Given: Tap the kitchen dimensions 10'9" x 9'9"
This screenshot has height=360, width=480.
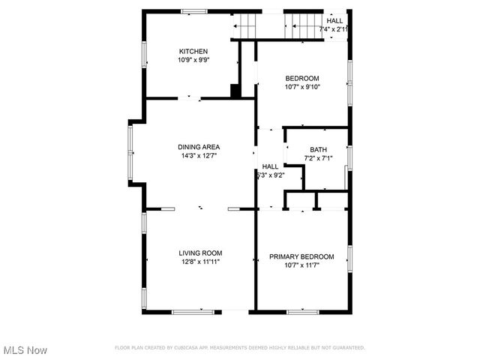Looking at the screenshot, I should tap(193, 60).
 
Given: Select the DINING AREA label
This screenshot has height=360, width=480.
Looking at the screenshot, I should tap(199, 147).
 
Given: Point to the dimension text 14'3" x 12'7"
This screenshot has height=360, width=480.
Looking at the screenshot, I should tap(199, 156).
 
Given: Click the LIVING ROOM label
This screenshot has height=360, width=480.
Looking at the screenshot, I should tap(200, 253).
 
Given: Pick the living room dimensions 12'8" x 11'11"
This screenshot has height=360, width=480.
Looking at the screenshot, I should tap(200, 262).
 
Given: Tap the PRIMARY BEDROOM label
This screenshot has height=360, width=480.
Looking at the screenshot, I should tap(301, 256).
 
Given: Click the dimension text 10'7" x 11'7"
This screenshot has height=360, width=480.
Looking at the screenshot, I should tap(301, 265).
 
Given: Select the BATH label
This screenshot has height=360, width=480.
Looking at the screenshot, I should tap(319, 149).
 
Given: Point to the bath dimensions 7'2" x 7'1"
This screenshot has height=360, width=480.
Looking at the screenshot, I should tap(319, 157).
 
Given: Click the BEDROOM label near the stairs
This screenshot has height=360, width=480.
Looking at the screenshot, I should tap(302, 79).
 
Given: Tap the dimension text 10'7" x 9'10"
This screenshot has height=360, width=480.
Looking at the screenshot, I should tap(302, 87).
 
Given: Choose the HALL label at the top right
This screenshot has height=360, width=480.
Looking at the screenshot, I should tap(335, 20).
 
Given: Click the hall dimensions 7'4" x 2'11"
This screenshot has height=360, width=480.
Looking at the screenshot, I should tap(334, 29).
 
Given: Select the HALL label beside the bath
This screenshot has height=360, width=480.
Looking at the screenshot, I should tap(270, 166).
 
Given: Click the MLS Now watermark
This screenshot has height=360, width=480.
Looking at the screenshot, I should tap(25, 350).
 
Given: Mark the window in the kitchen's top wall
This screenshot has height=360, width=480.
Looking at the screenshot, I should tap(194, 10).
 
